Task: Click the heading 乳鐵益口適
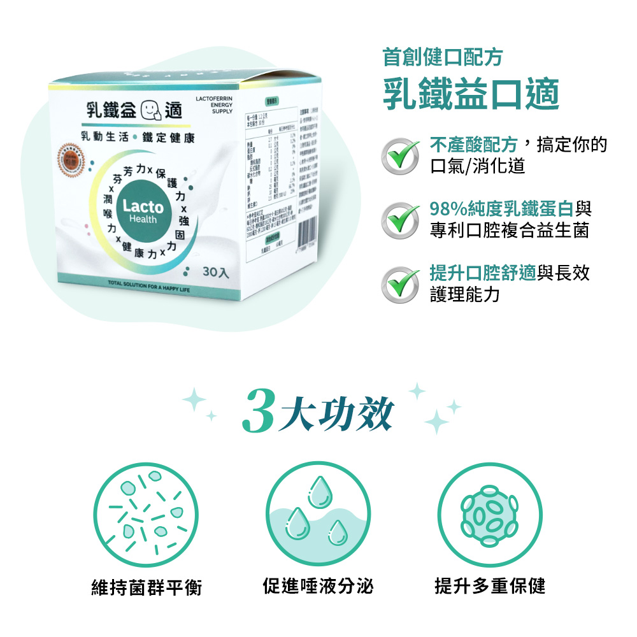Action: (x=471, y=94)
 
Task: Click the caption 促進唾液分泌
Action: (x=318, y=585)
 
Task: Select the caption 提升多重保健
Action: (x=490, y=585)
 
